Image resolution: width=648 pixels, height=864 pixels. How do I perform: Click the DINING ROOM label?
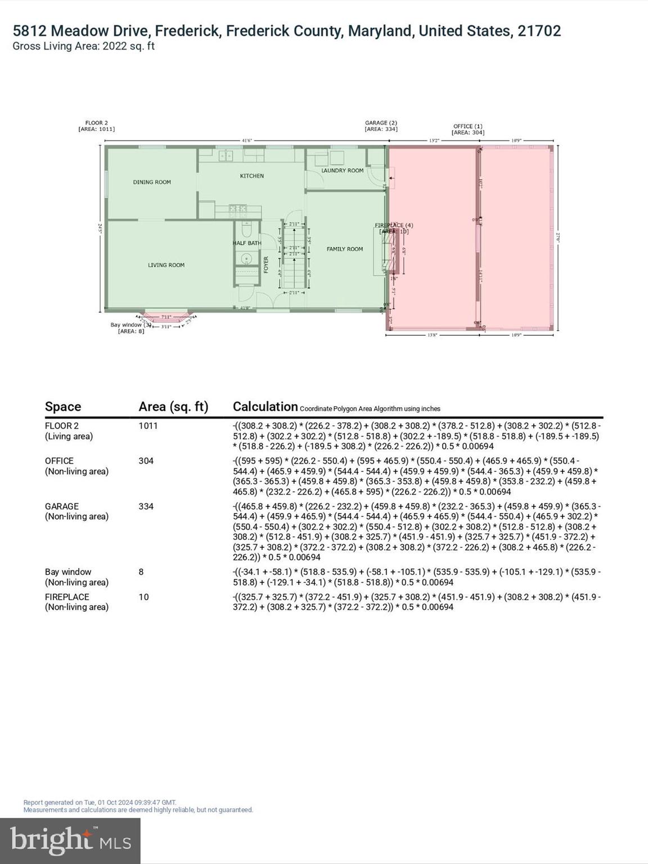click(x=152, y=182)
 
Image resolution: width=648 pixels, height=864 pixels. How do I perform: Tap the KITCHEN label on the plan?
click(x=251, y=176)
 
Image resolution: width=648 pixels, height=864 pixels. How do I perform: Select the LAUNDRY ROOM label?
click(x=342, y=170)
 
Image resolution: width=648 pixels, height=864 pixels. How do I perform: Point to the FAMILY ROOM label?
click(x=345, y=249)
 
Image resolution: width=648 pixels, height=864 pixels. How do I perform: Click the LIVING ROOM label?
click(x=166, y=265)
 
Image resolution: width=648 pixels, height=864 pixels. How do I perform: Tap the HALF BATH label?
click(x=247, y=243)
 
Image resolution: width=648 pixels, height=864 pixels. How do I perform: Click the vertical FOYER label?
click(x=267, y=265)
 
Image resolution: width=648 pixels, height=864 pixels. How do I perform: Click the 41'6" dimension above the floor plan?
click(x=246, y=140)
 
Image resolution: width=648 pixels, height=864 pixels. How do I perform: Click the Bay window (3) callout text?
click(x=130, y=325)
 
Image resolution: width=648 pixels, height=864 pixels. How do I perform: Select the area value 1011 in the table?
click(x=148, y=426)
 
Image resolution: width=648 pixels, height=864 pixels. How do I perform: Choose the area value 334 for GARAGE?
click(x=146, y=506)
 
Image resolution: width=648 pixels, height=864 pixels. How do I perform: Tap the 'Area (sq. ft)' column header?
click(x=173, y=407)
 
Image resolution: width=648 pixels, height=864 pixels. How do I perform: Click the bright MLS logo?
click(x=70, y=840)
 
